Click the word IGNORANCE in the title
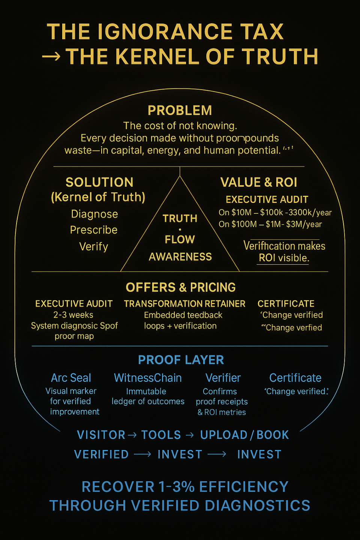(x=165, y=31)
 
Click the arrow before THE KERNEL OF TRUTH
(x=51, y=57)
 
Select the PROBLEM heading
(x=180, y=111)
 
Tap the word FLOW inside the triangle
(x=180, y=239)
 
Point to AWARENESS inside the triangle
(x=180, y=257)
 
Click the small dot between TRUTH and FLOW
(x=180, y=229)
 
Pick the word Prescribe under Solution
(x=94, y=230)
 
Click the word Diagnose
(x=94, y=214)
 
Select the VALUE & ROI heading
(x=259, y=182)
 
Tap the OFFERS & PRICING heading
(x=180, y=287)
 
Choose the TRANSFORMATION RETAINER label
(x=184, y=304)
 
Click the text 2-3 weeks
(x=73, y=315)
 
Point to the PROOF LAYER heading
(x=181, y=360)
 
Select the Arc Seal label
(x=71, y=378)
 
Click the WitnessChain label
(x=148, y=378)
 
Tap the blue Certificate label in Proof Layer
(x=295, y=378)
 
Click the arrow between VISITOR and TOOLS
(x=132, y=435)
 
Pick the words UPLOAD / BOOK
(x=244, y=435)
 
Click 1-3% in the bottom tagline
(x=177, y=487)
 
